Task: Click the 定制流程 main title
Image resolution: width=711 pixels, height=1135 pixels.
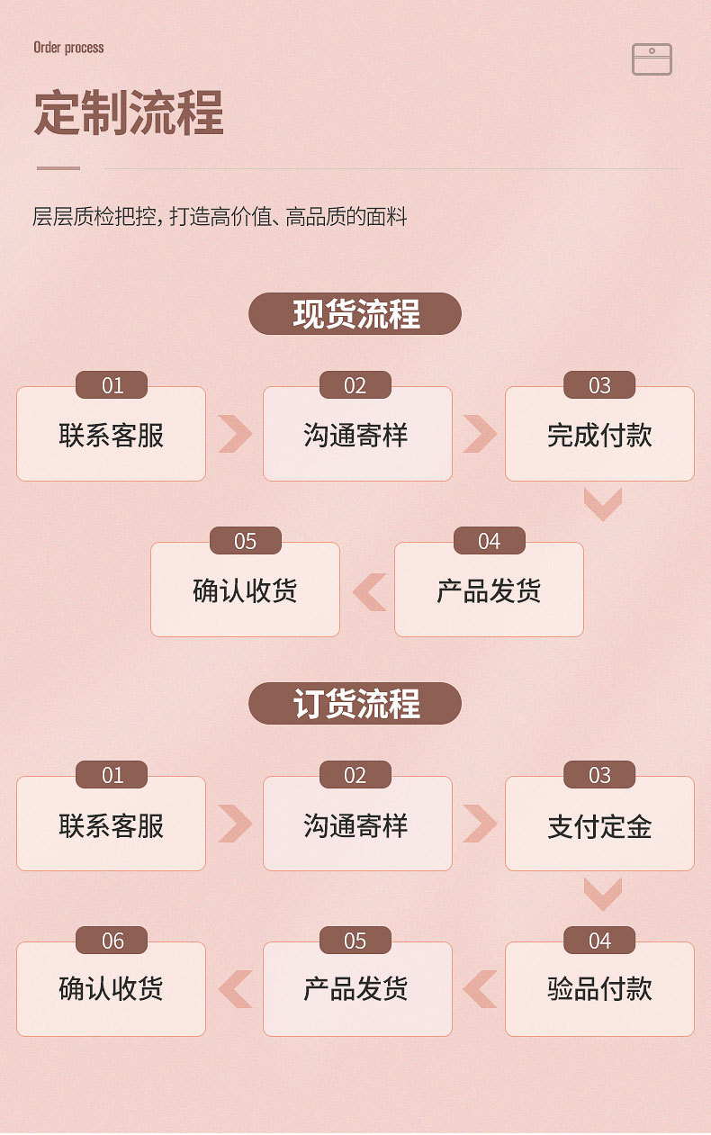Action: tap(129, 113)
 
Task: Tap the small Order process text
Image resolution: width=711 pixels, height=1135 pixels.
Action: tap(68, 47)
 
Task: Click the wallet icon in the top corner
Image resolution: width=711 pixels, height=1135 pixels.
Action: tap(652, 59)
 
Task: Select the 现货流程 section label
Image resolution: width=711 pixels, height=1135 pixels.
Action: tap(355, 314)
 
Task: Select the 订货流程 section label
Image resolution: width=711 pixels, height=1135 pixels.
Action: tap(355, 704)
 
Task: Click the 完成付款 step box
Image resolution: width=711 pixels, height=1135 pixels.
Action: tap(599, 436)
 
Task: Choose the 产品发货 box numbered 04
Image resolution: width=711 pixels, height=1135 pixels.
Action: tap(489, 591)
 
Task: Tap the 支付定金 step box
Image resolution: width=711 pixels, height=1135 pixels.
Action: tap(599, 825)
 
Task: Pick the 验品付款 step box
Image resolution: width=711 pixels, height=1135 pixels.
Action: tap(599, 989)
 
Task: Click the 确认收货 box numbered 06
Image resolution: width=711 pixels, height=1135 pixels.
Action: tap(111, 989)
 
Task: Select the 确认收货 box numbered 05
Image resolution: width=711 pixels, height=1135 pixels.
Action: tap(245, 591)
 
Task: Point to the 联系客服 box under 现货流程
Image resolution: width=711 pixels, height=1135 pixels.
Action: tap(111, 436)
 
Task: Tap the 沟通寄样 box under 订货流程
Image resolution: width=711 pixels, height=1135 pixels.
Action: tap(357, 825)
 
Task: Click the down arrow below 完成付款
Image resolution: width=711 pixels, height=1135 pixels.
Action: tap(602, 504)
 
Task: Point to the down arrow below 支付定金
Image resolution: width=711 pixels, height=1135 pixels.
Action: tap(602, 894)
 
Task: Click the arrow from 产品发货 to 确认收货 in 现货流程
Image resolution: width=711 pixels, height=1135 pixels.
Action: tap(369, 591)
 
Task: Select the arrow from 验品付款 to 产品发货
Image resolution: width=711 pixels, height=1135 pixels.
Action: tap(480, 989)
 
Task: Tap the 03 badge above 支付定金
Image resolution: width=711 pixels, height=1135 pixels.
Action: tap(599, 775)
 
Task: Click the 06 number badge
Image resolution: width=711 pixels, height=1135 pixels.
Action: tap(112, 941)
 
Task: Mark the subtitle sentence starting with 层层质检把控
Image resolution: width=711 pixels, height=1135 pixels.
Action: tap(220, 217)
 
